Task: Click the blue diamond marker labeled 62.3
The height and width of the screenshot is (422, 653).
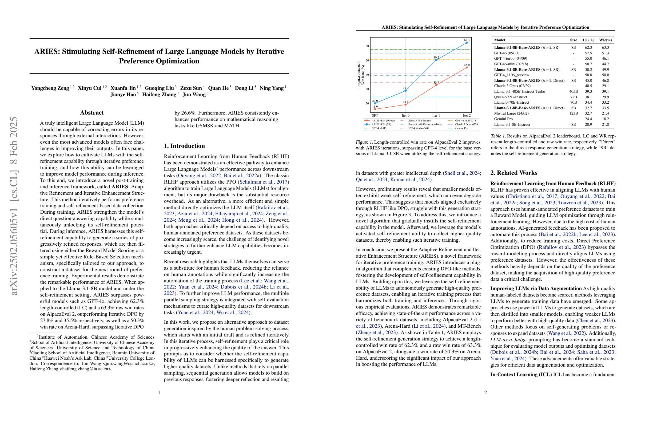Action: (467, 43)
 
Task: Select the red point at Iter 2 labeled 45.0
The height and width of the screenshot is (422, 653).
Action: (467, 67)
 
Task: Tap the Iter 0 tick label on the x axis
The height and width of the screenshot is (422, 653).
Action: (405, 115)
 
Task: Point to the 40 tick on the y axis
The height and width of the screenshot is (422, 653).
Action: (367, 75)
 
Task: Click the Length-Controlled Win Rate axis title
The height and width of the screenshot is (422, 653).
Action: (361, 75)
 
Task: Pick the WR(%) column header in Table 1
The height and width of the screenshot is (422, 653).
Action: (605, 40)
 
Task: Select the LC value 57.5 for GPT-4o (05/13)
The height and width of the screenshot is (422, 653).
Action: (588, 53)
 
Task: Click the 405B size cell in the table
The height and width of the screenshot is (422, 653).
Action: (574, 91)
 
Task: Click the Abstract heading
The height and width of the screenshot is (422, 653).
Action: (92, 113)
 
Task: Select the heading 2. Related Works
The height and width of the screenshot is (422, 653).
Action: (513, 173)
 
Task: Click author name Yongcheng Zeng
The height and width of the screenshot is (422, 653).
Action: (50, 88)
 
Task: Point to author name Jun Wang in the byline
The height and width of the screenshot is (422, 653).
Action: (194, 95)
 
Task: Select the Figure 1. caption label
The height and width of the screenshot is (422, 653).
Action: (364, 142)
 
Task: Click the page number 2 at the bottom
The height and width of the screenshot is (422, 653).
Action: (485, 392)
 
